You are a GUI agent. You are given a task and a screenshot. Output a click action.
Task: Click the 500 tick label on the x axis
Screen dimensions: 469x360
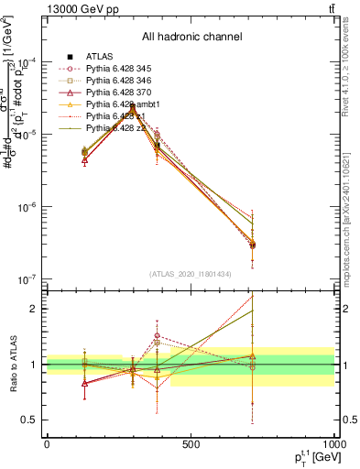(x=191, y=444)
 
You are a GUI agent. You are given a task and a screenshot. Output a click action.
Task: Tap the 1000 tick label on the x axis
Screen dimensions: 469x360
(x=332, y=444)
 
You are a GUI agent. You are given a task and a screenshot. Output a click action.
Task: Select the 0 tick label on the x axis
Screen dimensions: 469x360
(x=47, y=444)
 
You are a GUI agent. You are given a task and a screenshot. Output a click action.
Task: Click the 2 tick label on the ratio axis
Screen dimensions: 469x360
(x=33, y=309)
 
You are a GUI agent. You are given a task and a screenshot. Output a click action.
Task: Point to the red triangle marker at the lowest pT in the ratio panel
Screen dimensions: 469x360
(x=85, y=383)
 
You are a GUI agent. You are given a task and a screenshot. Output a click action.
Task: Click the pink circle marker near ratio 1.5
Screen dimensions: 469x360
(x=158, y=335)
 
